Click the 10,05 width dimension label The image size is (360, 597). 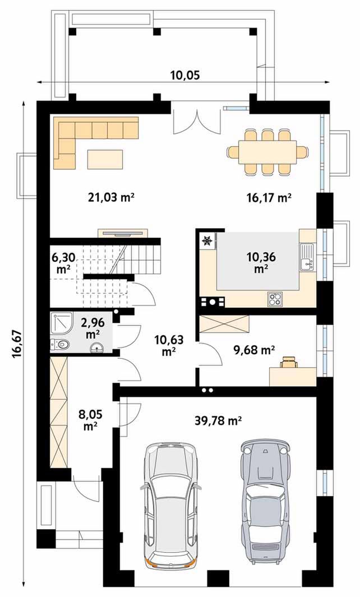pos(184,75)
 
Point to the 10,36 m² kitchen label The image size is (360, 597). pos(261,263)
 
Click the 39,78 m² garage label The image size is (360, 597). pos(219,421)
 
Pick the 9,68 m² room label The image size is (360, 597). pos(254,350)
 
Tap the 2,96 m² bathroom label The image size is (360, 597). pos(93,328)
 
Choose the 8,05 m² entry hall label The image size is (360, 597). pos(90,419)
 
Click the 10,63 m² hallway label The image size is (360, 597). pos(168,345)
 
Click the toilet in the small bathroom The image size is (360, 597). pos(61,345)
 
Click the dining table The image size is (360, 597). pos(267,152)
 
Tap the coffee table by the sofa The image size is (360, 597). pos(105,159)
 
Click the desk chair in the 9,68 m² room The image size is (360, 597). pos(289,362)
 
